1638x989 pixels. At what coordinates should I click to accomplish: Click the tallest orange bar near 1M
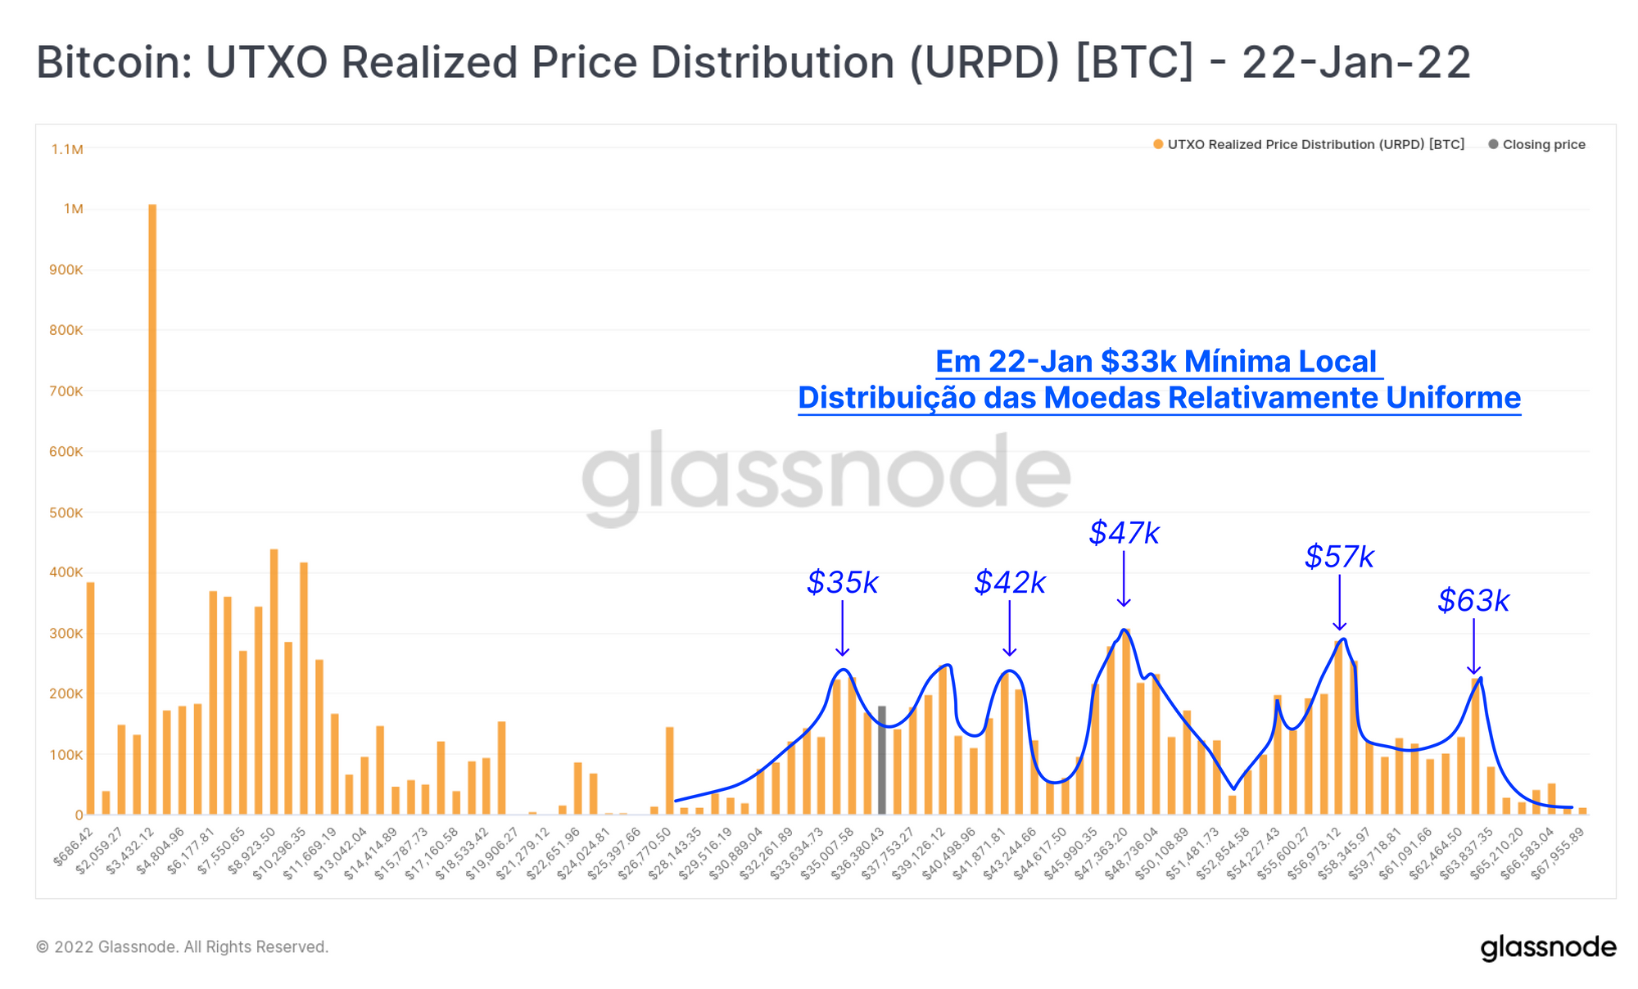click(152, 508)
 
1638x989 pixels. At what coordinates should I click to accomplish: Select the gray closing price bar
click(882, 760)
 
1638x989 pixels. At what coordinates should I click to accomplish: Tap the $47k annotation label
click(1124, 533)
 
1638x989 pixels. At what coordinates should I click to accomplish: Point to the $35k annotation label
click(842, 583)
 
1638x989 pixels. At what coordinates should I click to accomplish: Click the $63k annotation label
click(1473, 601)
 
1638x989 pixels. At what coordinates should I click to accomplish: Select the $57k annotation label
click(1339, 557)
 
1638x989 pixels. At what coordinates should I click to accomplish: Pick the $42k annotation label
click(1010, 583)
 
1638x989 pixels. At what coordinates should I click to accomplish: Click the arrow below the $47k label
click(1124, 580)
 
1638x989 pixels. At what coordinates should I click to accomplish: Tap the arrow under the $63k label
click(1473, 647)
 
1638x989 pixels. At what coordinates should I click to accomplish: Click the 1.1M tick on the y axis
click(67, 149)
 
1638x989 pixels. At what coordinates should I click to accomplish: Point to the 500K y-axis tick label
click(66, 513)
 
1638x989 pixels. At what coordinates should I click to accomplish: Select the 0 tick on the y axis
click(79, 815)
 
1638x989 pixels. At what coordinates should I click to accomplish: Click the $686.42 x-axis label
click(75, 847)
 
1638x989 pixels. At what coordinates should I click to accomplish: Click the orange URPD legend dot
click(1158, 145)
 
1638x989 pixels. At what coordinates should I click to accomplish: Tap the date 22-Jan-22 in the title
click(1356, 62)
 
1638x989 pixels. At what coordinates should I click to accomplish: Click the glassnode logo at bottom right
click(1548, 947)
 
